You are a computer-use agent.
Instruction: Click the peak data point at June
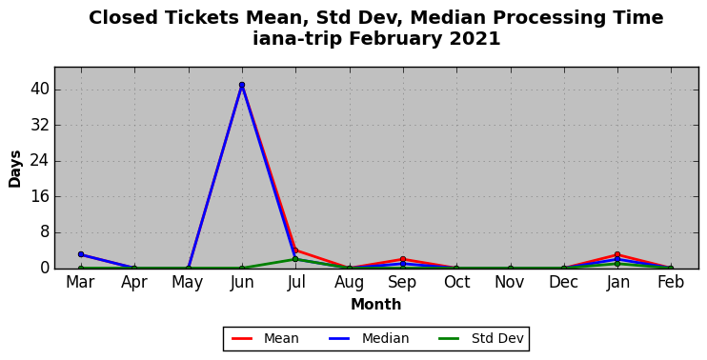pos(242,85)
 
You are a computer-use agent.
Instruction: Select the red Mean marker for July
pos(295,250)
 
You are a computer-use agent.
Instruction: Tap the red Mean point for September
pos(403,259)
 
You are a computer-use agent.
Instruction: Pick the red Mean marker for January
pos(617,254)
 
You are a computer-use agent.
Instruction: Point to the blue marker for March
pos(81,254)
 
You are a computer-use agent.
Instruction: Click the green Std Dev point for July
pos(295,259)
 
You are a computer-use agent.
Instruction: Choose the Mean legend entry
pos(265,338)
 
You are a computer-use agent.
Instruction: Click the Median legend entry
pos(369,338)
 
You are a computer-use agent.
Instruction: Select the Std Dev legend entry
pos(480,338)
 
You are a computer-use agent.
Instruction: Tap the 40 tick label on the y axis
pos(40,90)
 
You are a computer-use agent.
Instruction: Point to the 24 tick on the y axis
pos(40,161)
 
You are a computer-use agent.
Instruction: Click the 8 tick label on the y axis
pos(44,233)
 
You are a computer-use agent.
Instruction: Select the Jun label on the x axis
pos(242,283)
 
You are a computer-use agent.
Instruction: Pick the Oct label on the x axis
pos(456,283)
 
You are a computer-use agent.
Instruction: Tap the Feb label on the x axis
pos(671,283)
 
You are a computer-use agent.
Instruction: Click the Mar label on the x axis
pos(81,283)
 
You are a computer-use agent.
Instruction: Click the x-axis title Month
pos(376,305)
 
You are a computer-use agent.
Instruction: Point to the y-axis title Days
pos(15,169)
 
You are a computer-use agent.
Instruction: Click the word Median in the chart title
pos(449,18)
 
